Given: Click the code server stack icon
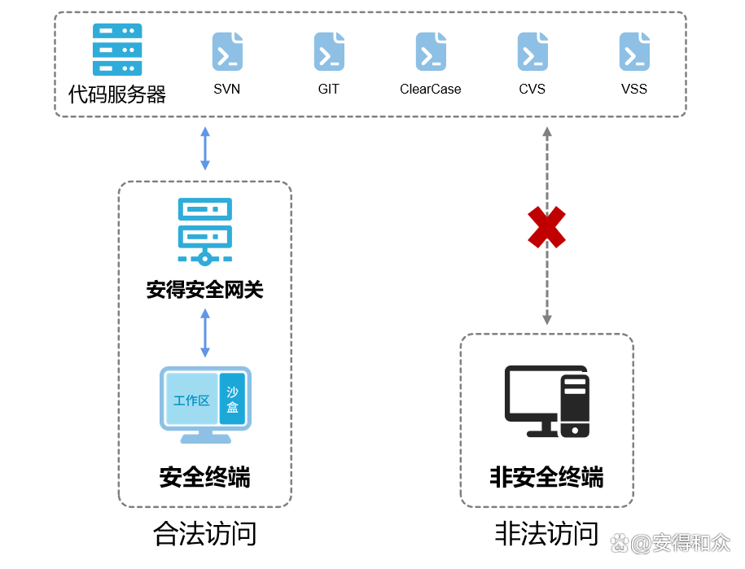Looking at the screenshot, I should (117, 50).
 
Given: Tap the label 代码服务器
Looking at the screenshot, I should (117, 95).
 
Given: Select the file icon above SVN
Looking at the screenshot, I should (227, 51).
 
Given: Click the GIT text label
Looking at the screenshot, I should (329, 89).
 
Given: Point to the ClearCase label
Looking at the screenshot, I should (431, 89).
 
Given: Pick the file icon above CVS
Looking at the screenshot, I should (532, 51).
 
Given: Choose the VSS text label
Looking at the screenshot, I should (634, 89).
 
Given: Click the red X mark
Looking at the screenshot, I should (547, 227).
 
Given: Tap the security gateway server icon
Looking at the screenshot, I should (204, 231).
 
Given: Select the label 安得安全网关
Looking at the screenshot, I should (205, 290).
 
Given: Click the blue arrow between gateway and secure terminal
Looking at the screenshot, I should (205, 333).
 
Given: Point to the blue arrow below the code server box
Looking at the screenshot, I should (205, 148).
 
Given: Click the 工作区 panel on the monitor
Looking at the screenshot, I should (191, 400).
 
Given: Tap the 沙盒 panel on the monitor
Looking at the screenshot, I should (233, 399).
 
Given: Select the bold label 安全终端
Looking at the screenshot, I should (205, 477).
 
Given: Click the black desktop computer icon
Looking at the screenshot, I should (547, 400).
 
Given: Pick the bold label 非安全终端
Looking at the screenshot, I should (547, 477).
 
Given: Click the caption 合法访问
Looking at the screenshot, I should (205, 534).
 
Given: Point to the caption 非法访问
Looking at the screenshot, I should (547, 534).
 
